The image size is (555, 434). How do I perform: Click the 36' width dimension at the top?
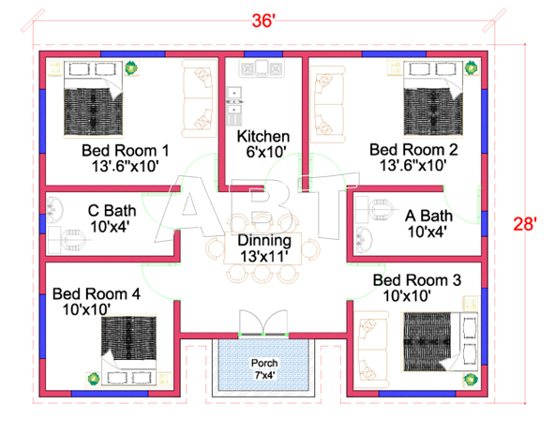point(263,21)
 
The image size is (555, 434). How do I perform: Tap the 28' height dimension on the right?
point(525,224)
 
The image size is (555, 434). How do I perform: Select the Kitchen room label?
point(263,136)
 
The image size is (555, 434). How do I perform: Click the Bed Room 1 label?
point(126,151)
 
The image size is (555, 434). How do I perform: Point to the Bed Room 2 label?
point(413,150)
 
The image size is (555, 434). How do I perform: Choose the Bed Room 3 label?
point(417,280)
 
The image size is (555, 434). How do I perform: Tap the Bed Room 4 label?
point(97,293)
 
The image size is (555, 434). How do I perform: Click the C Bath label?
point(112,211)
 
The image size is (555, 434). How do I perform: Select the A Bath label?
point(428,216)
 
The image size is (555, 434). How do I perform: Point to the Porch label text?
point(264,363)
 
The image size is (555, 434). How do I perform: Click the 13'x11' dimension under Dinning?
point(264,256)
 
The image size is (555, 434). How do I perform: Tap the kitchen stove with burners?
point(262,68)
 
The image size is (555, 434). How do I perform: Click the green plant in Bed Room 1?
point(131,67)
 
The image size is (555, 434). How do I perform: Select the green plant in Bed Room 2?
point(472,67)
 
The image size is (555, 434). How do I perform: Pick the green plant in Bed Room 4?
point(94,379)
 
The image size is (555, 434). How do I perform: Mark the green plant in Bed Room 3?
point(471,380)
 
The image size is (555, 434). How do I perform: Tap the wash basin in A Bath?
point(364,240)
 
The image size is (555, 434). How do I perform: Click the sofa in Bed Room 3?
point(371,350)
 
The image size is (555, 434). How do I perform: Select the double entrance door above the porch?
point(263,322)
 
